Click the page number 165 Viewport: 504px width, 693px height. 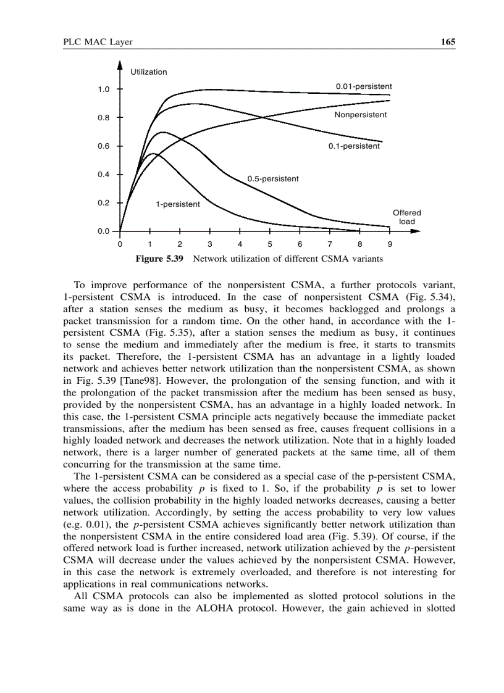[448, 42]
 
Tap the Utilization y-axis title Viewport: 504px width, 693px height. [148, 72]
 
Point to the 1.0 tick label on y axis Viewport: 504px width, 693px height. [103, 89]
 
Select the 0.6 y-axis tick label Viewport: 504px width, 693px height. [103, 146]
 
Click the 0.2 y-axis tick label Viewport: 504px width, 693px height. [103, 203]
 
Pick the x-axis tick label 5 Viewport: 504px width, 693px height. [270, 244]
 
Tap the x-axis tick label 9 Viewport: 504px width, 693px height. [390, 244]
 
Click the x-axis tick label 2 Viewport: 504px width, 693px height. [180, 244]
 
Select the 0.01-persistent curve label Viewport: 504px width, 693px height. [363, 86]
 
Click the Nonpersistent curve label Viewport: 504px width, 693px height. [361, 115]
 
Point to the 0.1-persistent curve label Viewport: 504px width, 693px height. [354, 146]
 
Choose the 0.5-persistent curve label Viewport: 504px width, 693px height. [273, 179]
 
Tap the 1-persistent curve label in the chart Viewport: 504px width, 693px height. [178, 204]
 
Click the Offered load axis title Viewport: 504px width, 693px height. [406, 217]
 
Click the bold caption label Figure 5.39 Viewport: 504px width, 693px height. [159, 259]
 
